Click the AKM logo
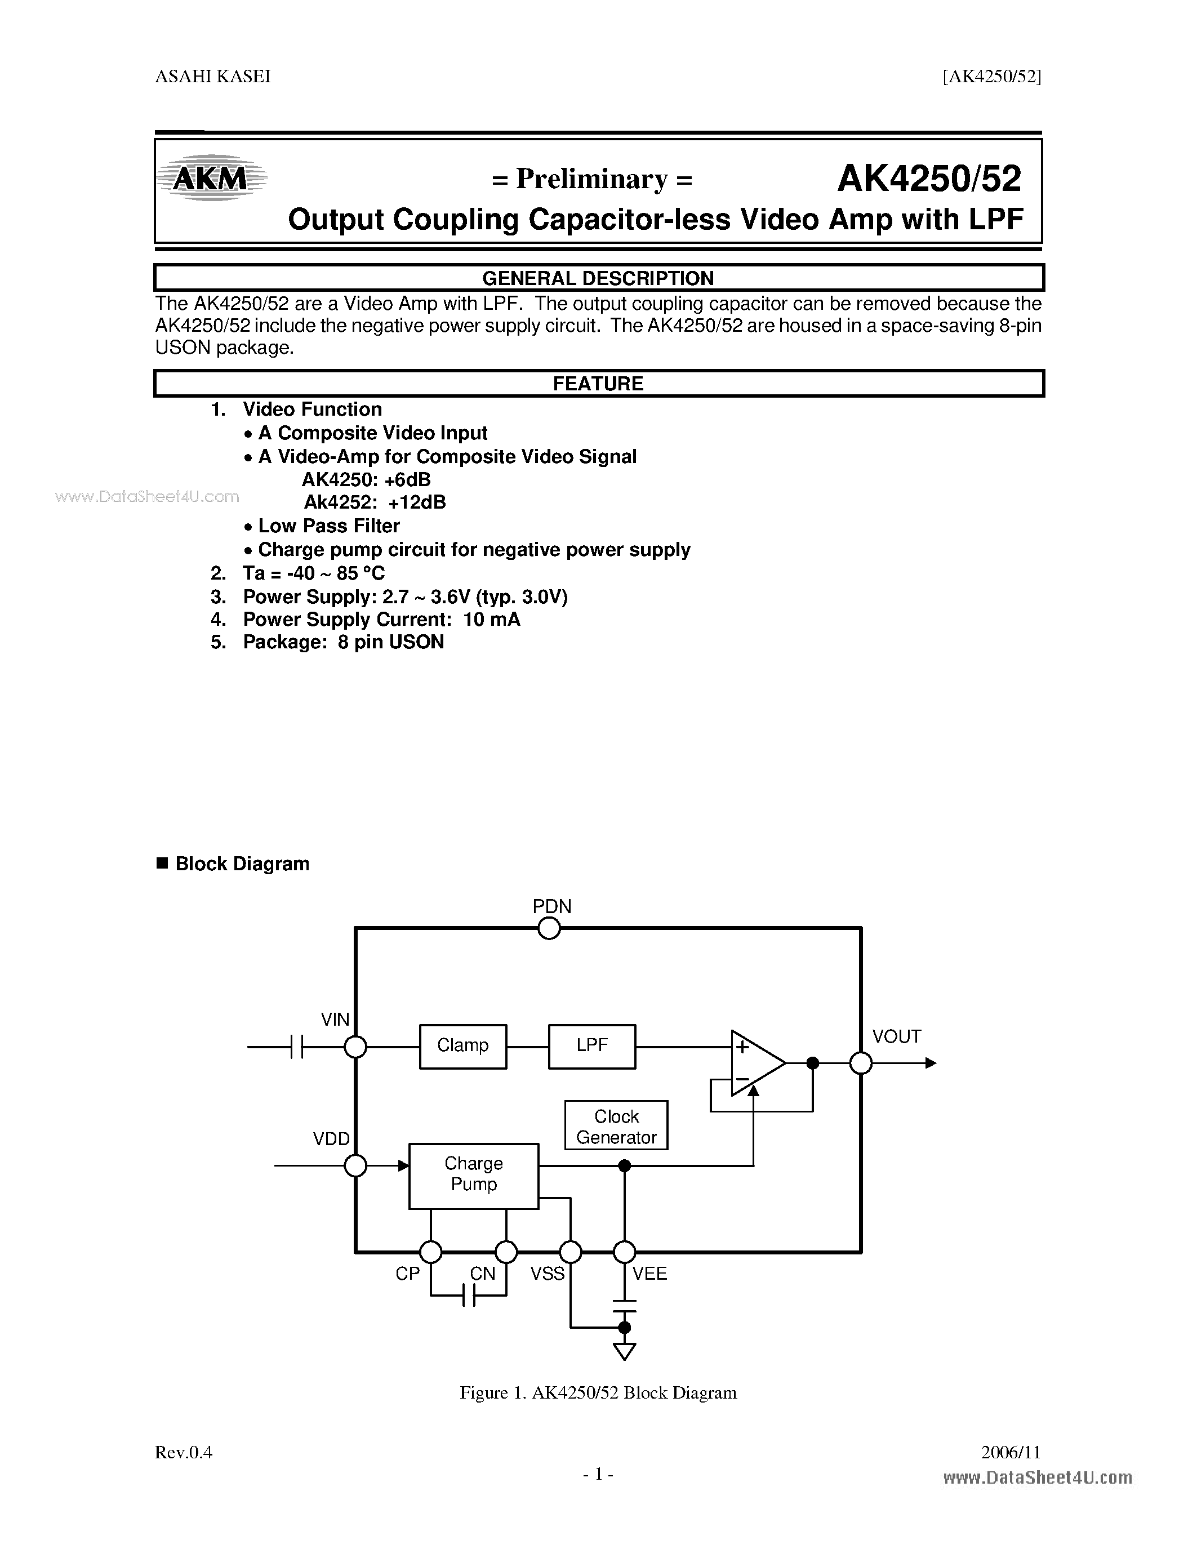tap(211, 178)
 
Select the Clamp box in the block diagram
tap(462, 1046)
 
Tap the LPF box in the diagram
tap(591, 1046)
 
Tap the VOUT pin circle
tap(861, 1063)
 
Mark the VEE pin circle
tap(624, 1252)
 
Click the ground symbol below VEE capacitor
tap(624, 1351)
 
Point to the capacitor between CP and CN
tap(469, 1297)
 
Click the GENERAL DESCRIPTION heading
tap(598, 278)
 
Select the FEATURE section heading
tap(598, 384)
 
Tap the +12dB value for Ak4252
tap(417, 502)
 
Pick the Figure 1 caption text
tap(598, 1393)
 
